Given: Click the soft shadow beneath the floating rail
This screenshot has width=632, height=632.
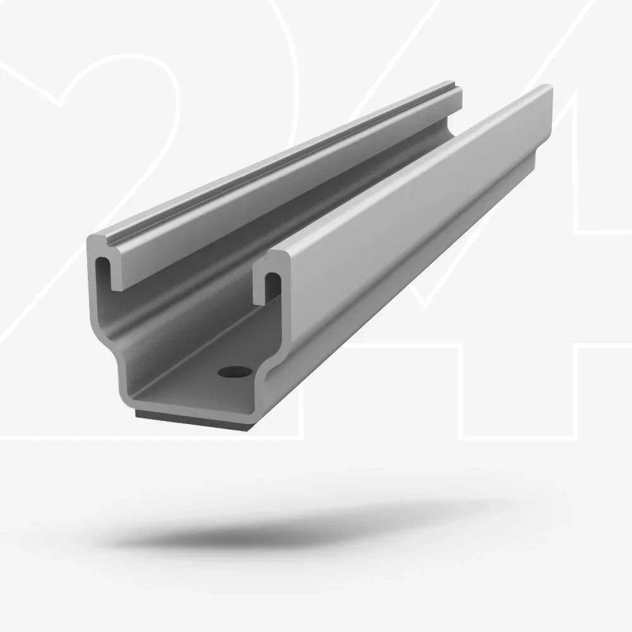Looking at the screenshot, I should [x=303, y=525].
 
